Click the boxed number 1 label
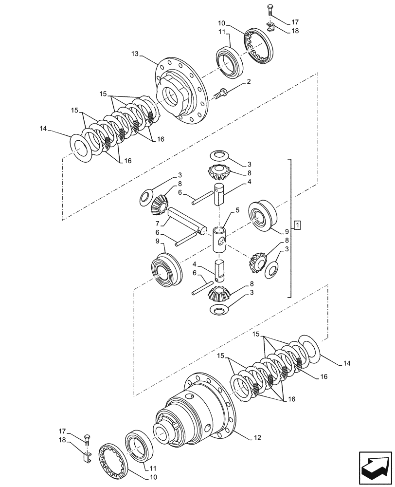coord(297,225)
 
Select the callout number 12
coord(257,438)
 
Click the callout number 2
coord(249,82)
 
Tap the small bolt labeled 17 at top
coord(270,11)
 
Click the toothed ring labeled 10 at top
coord(259,45)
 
